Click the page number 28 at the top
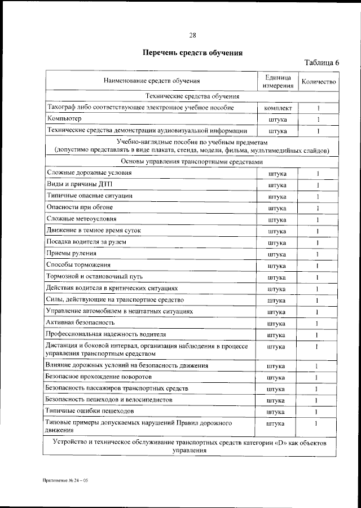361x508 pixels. pyautogui.click(x=192, y=36)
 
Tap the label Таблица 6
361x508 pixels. pyautogui.click(x=322, y=63)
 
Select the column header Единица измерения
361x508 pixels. pyautogui.click(x=277, y=81)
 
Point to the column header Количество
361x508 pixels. pyautogui.click(x=319, y=81)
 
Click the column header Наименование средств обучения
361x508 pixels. pyautogui.click(x=152, y=81)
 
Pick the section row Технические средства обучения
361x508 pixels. pyautogui.click(x=192, y=96)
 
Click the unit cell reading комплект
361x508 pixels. pyautogui.click(x=277, y=108)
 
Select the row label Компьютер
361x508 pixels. pyautogui.click(x=64, y=119)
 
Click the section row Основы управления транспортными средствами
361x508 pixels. pyautogui.click(x=192, y=162)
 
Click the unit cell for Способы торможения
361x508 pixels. pyautogui.click(x=277, y=266)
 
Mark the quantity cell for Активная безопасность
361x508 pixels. pyautogui.click(x=318, y=323)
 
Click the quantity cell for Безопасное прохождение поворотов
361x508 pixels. pyautogui.click(x=318, y=377)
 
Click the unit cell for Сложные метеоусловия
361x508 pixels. pyautogui.click(x=277, y=219)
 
